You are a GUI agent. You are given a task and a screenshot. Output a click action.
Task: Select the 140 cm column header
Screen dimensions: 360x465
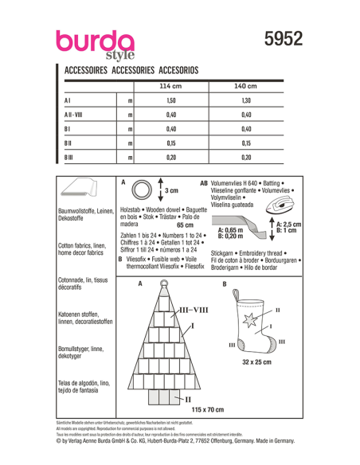(245, 85)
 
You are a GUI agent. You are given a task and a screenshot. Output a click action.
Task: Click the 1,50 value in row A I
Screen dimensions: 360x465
(170, 101)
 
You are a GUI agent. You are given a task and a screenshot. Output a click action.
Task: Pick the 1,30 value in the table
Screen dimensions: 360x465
(245, 101)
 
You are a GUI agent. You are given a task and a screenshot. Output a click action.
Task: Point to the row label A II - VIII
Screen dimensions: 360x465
(76, 115)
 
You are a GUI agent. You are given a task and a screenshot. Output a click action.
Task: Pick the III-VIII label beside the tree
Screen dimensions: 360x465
(195, 309)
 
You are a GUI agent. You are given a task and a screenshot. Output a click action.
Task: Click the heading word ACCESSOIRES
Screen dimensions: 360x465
(85, 70)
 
